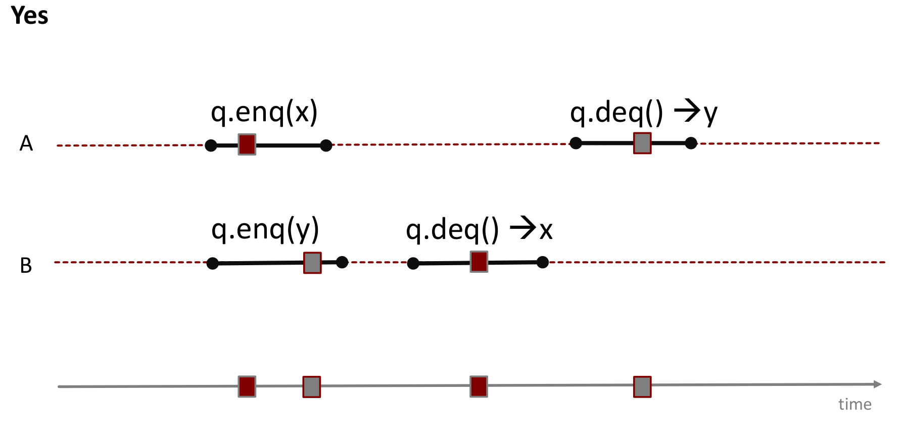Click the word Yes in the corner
click(x=29, y=15)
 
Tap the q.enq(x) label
click(x=264, y=112)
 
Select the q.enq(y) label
click(x=265, y=230)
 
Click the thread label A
click(x=26, y=143)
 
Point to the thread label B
click(x=26, y=266)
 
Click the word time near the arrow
click(x=855, y=404)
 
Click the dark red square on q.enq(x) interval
click(x=247, y=144)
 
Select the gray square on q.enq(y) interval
click(x=312, y=263)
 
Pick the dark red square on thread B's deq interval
click(x=479, y=262)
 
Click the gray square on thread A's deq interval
click(x=642, y=143)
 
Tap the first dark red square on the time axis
click(x=247, y=386)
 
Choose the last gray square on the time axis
click(x=642, y=387)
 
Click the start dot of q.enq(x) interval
click(x=211, y=145)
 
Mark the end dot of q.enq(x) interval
click(x=326, y=145)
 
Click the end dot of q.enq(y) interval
click(x=342, y=262)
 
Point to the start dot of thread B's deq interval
click(x=413, y=263)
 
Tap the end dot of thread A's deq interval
click(x=691, y=143)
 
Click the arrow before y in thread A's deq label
click(x=687, y=111)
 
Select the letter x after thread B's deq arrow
click(x=546, y=231)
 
